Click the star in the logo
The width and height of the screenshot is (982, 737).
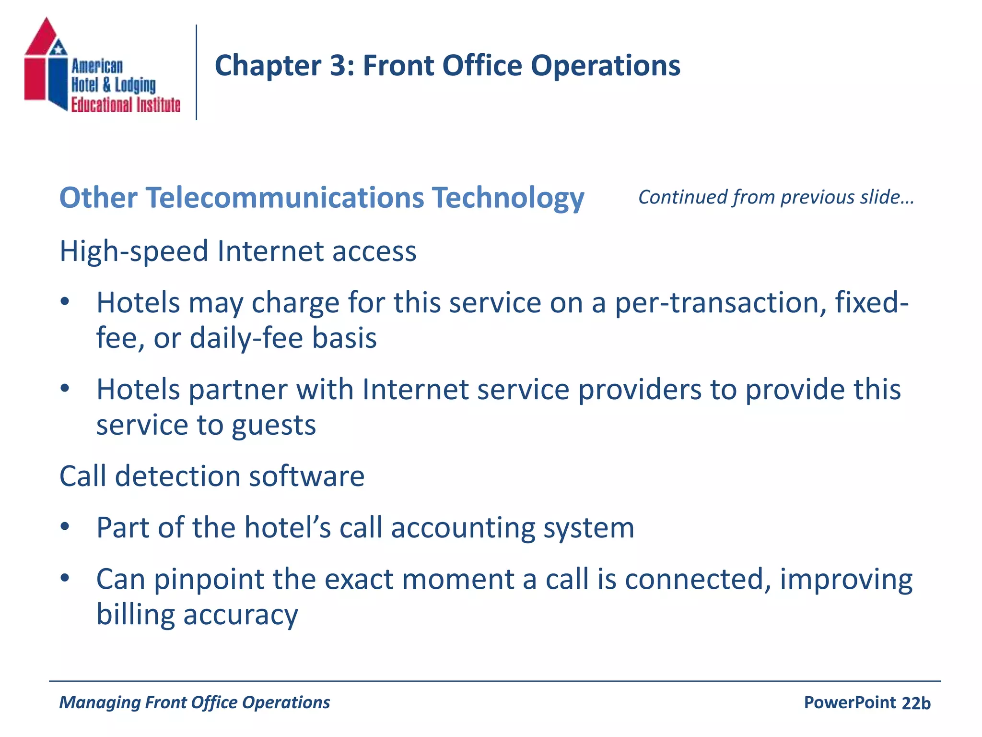[x=58, y=48]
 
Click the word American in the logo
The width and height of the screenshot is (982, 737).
[x=97, y=66]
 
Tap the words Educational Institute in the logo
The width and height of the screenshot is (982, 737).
[x=126, y=105]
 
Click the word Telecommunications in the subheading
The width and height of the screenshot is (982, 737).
[x=285, y=198]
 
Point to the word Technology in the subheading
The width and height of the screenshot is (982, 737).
[x=508, y=198]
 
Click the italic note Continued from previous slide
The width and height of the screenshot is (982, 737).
[x=776, y=197]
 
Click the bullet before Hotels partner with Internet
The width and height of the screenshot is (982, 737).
[x=65, y=388]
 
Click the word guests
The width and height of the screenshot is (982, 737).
[x=273, y=426]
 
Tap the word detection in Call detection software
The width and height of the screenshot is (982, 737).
[x=177, y=476]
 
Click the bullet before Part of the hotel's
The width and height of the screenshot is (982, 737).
[x=65, y=527]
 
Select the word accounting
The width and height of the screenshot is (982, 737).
[x=462, y=528]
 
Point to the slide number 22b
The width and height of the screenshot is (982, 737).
[x=916, y=703]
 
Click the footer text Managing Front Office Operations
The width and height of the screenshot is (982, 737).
[x=194, y=702]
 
